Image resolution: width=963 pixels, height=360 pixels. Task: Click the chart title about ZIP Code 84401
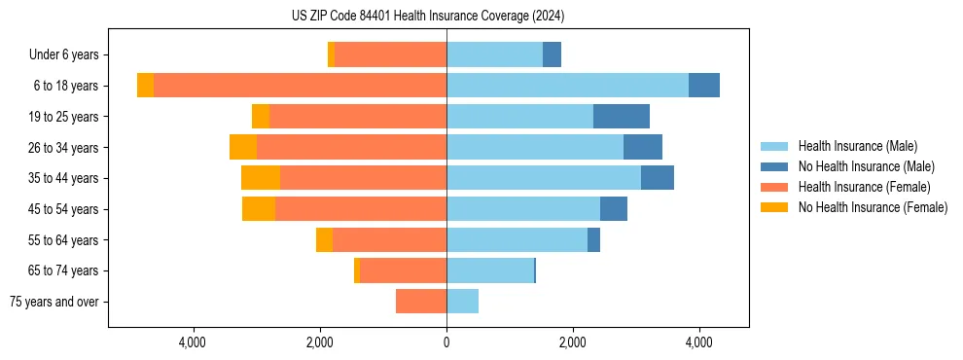[x=427, y=17]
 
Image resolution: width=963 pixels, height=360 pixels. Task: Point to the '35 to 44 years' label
[x=63, y=178]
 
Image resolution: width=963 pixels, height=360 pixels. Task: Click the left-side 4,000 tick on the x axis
[x=193, y=342]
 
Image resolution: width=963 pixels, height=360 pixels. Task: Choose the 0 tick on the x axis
[x=446, y=342]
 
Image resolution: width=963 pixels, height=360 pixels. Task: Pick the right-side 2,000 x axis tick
[x=573, y=342]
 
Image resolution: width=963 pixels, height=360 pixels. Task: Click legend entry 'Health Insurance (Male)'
[x=857, y=146]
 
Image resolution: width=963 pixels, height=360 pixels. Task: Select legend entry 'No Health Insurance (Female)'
[x=873, y=207]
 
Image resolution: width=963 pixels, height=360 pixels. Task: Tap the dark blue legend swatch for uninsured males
[x=774, y=166]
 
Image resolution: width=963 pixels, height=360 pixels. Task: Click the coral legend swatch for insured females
[x=774, y=187]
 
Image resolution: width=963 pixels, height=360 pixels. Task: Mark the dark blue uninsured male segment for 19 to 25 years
[x=622, y=117]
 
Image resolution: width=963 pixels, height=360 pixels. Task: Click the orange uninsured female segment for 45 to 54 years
[x=259, y=209]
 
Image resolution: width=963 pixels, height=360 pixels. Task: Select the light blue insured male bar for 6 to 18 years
[x=567, y=86]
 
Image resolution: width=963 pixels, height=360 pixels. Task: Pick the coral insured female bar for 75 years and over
[x=421, y=302]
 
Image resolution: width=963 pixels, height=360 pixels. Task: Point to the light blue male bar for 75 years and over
[x=462, y=302]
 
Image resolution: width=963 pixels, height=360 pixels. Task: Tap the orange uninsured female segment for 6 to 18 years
[x=145, y=86]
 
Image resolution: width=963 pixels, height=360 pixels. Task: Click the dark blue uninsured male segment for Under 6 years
[x=552, y=55]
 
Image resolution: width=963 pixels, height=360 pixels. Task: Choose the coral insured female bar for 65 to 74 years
[x=403, y=270]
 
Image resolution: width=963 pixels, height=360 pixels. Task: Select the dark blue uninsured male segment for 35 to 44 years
[x=658, y=178]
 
